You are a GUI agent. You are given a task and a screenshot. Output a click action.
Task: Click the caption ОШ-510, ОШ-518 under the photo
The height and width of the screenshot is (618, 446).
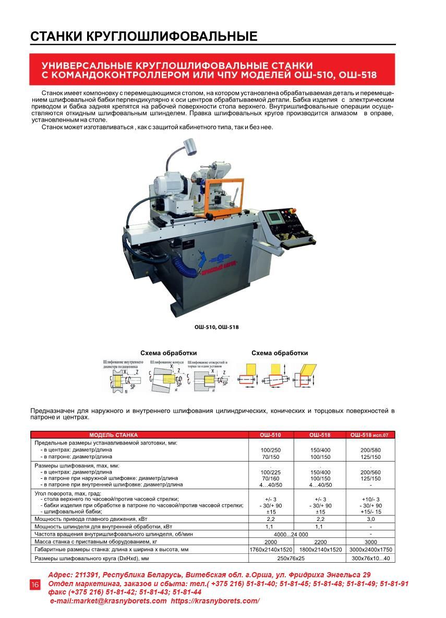[216, 327]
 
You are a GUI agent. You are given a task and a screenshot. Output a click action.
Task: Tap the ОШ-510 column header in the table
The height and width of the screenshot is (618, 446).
[270, 434]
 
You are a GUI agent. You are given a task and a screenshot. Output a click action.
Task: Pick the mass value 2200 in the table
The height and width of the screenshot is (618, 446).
[320, 542]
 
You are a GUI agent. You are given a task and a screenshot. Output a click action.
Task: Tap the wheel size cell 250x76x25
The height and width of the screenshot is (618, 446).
[295, 558]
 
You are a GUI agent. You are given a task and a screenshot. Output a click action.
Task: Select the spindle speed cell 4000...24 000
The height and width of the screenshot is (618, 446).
[295, 535]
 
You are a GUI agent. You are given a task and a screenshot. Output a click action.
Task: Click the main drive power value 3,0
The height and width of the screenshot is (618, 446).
[371, 519]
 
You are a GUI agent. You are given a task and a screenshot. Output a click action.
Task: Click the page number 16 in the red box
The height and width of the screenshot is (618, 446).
[35, 585]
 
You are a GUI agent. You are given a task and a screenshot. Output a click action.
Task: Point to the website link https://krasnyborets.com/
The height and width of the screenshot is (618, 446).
[215, 601]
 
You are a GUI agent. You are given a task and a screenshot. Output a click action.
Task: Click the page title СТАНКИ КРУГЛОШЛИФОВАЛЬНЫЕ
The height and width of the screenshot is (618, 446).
[144, 36]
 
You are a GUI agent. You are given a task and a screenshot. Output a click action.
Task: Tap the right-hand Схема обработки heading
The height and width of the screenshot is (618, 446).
[280, 353]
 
